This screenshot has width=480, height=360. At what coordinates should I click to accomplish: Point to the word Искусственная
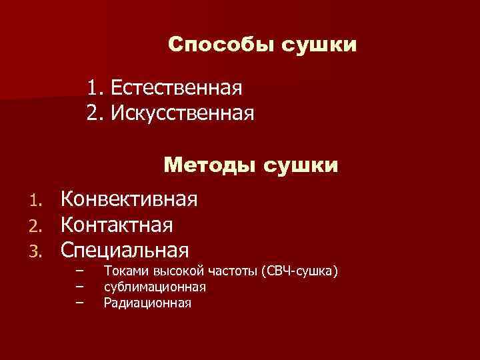pos(182,112)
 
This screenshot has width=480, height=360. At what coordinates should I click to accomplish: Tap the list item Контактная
pos(117,225)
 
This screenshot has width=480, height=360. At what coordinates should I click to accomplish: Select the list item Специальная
pos(125,250)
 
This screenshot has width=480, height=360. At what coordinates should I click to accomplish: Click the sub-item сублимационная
pos(155,287)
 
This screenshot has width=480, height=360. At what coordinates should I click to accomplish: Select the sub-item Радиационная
pos(147,303)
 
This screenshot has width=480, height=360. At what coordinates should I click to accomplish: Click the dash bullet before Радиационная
pos(81,303)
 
